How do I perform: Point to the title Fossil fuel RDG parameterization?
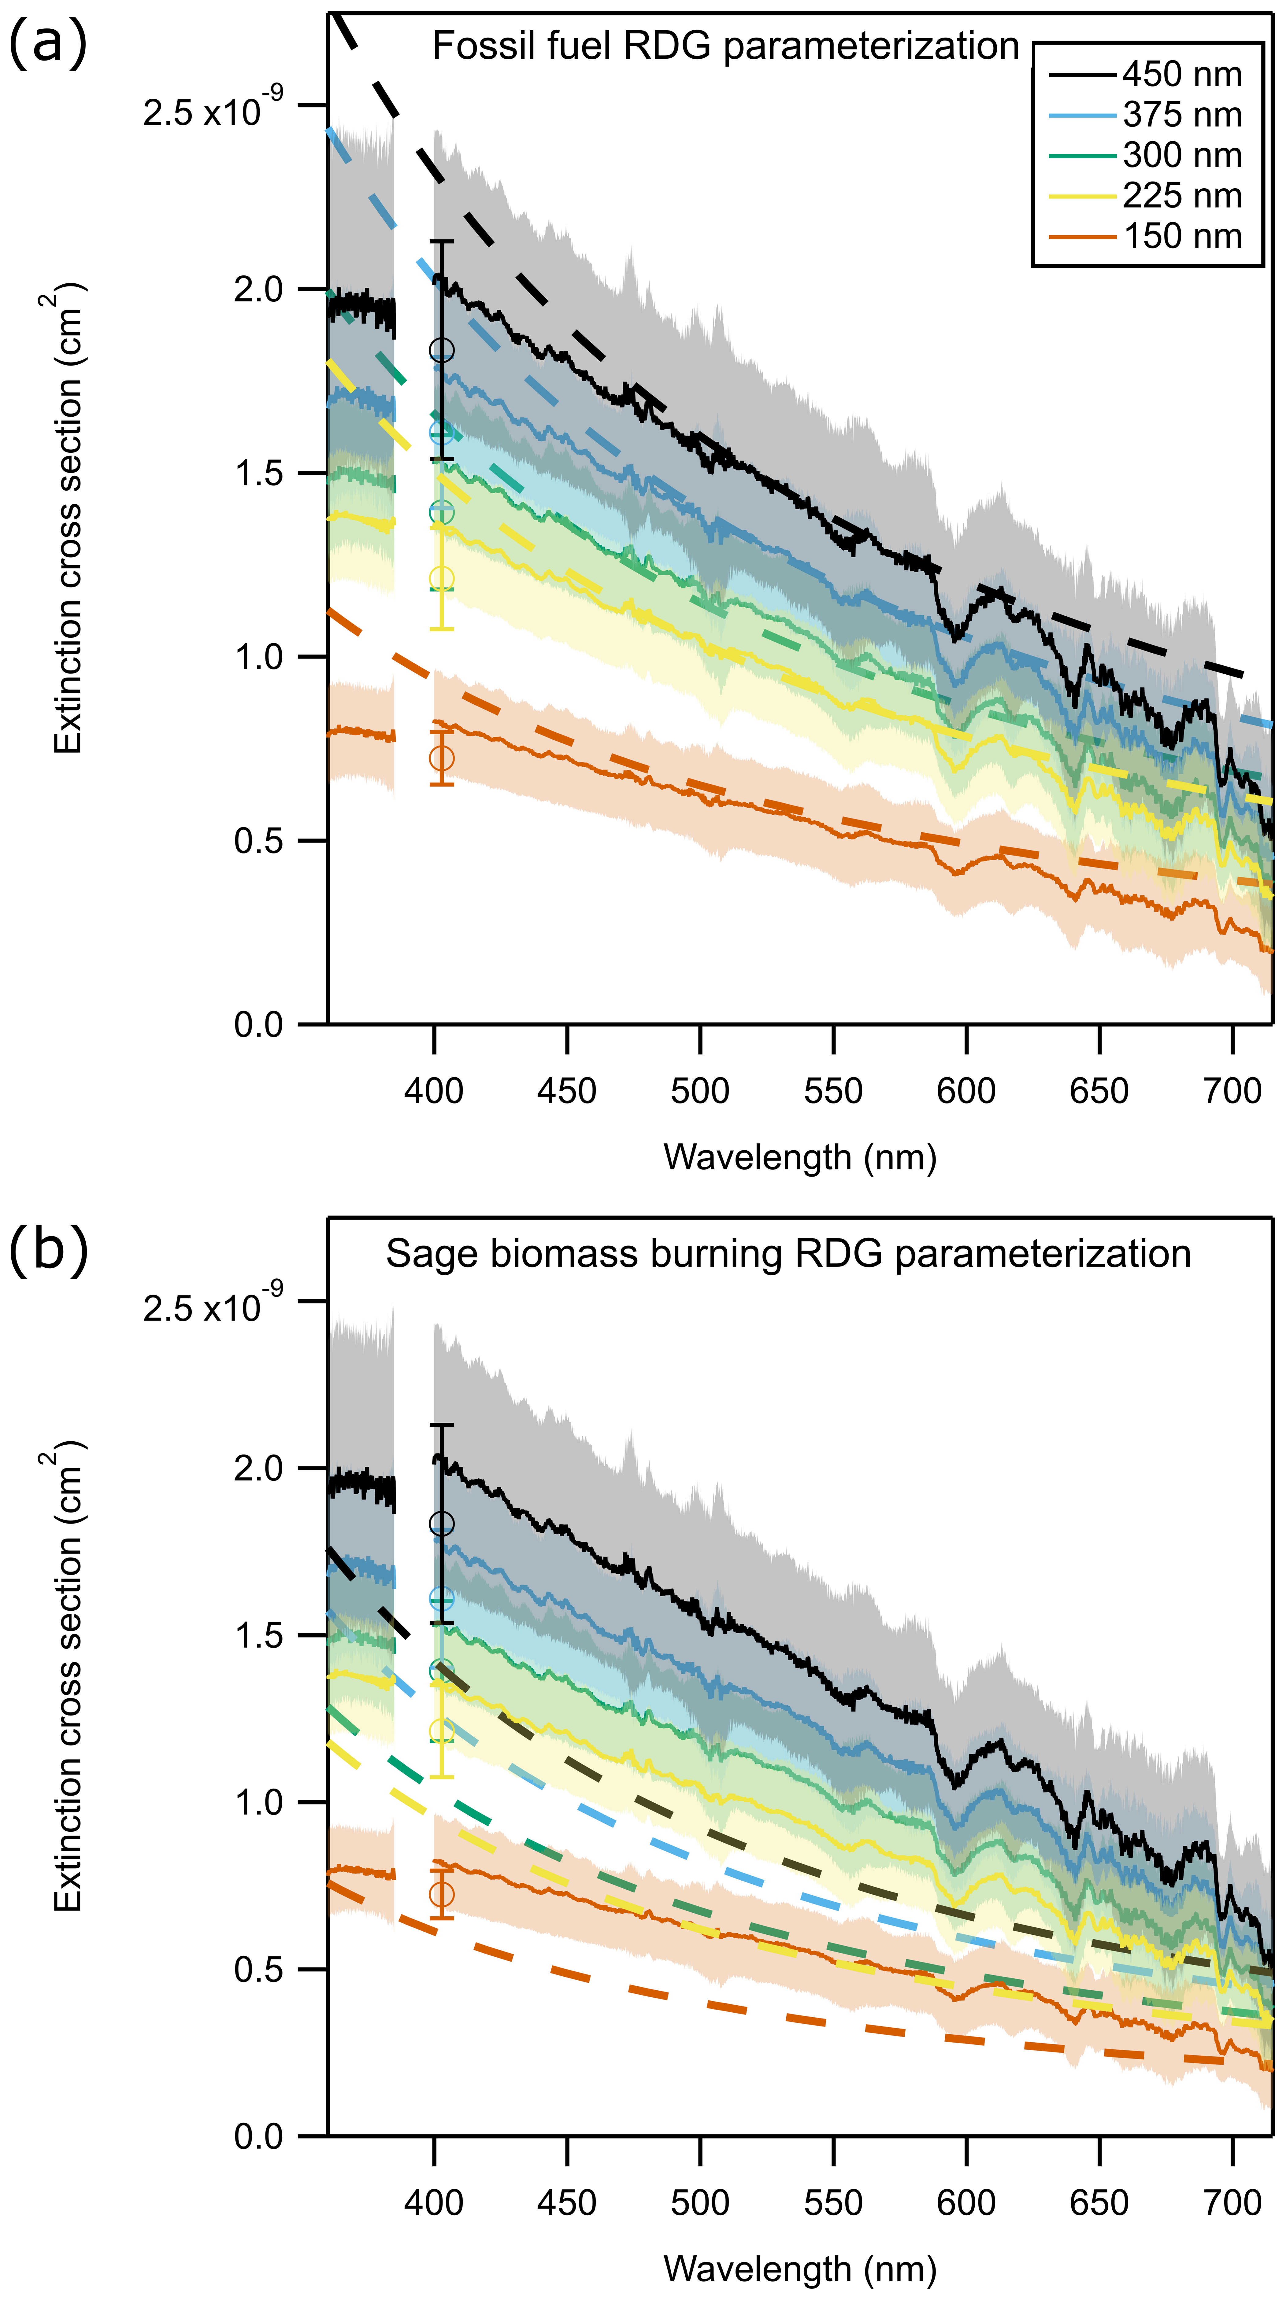(x=725, y=46)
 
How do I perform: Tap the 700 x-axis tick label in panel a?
(x=1232, y=1091)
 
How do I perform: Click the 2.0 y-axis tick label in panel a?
(x=258, y=289)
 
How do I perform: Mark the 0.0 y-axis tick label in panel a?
(x=258, y=1024)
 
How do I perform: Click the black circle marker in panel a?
(x=441, y=349)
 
